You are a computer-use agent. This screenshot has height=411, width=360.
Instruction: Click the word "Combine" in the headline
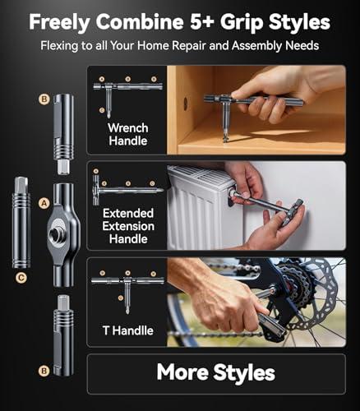(x=140, y=21)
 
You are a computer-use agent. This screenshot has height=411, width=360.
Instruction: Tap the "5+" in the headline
(x=202, y=21)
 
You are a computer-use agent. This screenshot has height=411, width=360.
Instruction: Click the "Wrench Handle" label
(x=128, y=134)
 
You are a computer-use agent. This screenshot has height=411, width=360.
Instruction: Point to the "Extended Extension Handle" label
(x=128, y=226)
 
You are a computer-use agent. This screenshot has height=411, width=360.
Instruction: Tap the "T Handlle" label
(x=128, y=330)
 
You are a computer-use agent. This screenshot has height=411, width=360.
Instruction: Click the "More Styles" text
(x=216, y=373)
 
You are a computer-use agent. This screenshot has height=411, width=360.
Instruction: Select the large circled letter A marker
(x=44, y=204)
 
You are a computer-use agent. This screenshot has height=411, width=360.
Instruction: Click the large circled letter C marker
(x=21, y=278)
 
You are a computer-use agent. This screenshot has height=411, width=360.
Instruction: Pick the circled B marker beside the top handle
(x=44, y=99)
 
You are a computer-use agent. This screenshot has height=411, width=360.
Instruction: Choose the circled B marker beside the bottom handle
(x=44, y=371)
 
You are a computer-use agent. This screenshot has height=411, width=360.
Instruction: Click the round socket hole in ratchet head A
(x=56, y=233)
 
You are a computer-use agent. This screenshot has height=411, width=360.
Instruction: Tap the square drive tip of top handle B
(x=63, y=168)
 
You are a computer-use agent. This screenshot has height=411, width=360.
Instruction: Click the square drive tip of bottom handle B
(x=63, y=302)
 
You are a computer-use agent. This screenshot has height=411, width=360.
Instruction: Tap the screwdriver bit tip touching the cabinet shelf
(x=225, y=138)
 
